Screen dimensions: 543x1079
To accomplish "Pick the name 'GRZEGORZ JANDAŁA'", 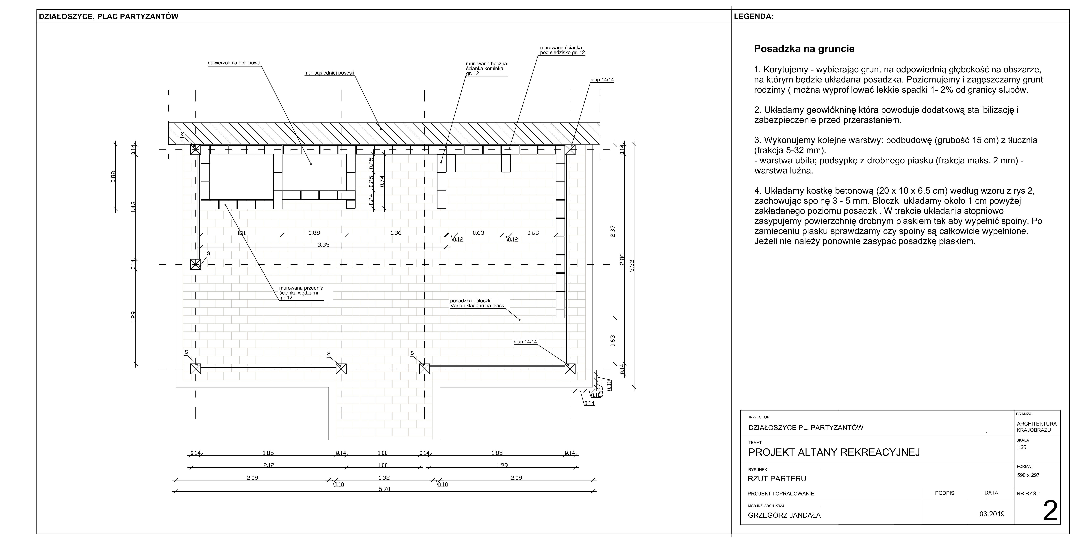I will pos(784,515).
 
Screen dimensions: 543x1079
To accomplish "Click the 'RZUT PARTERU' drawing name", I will pos(777,478).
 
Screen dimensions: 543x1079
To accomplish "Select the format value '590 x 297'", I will pos(1028,475).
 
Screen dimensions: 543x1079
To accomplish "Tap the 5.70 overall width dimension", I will pos(384,489).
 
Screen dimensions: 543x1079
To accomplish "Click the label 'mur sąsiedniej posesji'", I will pos(329,73).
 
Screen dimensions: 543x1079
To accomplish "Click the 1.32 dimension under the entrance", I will pos(384,478).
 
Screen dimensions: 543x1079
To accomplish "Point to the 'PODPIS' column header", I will pos(944,493).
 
